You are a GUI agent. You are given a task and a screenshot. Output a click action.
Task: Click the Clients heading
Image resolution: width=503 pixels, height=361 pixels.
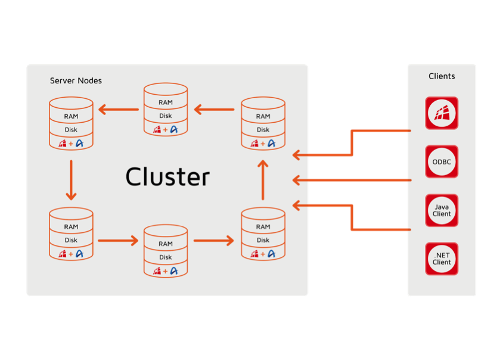coord(442,76)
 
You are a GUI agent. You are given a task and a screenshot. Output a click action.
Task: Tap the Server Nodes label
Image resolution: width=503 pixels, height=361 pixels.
coord(76,80)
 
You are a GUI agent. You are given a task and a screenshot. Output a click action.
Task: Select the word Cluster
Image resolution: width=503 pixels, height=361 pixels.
coord(167,177)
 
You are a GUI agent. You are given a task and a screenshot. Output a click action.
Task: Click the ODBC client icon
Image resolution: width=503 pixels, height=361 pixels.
coord(442,161)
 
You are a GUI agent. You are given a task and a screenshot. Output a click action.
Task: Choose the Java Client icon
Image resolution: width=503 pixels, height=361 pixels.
coord(442,210)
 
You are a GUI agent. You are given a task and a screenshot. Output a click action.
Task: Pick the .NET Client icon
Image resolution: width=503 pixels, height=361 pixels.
coord(442,259)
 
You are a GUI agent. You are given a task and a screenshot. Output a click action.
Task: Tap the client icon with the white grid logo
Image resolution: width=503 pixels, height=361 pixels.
coord(442,113)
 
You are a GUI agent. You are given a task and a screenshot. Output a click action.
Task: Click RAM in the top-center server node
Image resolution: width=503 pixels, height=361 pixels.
coord(166,102)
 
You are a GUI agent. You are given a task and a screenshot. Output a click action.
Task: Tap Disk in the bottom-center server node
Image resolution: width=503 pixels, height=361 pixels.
coord(166,257)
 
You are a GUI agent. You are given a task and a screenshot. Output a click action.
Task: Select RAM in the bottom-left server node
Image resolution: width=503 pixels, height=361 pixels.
coord(71,226)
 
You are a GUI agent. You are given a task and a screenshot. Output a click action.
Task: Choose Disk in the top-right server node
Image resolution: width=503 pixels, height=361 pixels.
coord(263,130)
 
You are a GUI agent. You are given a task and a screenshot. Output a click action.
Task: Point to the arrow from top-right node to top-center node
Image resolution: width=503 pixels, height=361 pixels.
coord(214,110)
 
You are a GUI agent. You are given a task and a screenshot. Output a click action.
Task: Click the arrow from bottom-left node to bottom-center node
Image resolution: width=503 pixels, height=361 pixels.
coord(117,241)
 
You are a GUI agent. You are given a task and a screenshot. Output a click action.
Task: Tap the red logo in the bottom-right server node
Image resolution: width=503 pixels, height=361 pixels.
coord(254,254)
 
